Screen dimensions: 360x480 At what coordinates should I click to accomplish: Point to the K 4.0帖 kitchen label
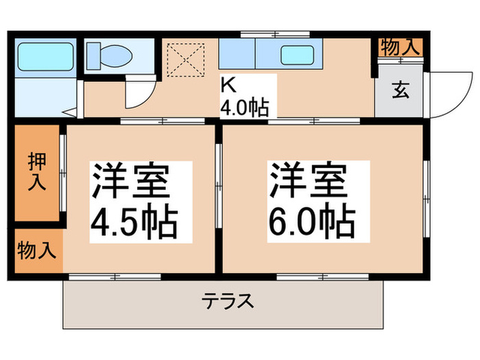243,96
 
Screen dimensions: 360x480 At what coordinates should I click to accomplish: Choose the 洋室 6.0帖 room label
311,199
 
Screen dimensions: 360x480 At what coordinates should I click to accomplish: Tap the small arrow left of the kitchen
69,111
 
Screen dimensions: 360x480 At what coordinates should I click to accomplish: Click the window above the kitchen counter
265,34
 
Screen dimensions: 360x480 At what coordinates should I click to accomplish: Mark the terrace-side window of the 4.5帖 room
115,276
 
